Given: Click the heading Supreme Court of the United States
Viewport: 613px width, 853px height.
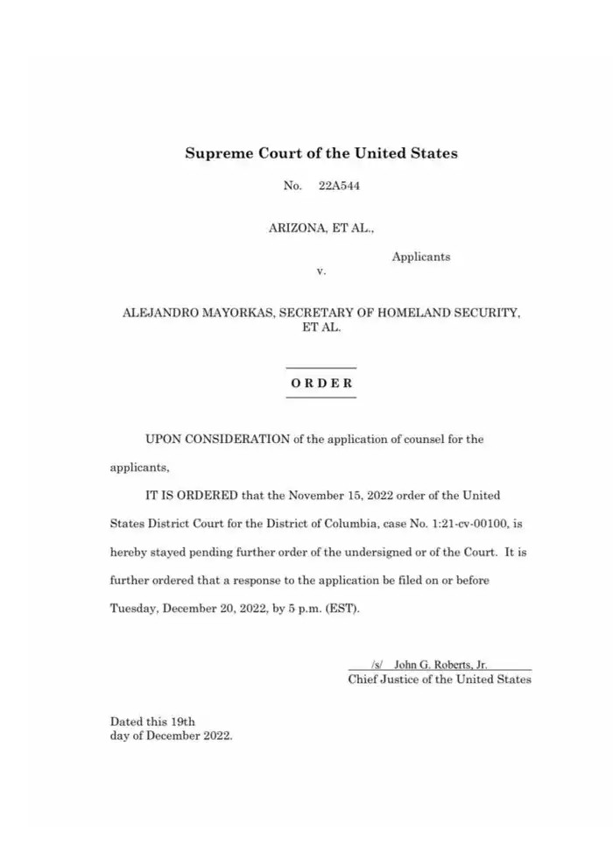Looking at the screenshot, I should (x=321, y=153).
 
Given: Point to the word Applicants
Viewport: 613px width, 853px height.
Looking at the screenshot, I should (x=421, y=257).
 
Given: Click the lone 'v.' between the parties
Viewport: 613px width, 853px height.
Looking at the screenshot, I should (x=321, y=271).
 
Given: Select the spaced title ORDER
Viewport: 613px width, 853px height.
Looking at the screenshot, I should (x=321, y=383).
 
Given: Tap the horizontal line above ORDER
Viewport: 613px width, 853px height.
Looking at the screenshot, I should (x=321, y=368).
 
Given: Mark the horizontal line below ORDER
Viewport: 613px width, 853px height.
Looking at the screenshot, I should (x=321, y=398).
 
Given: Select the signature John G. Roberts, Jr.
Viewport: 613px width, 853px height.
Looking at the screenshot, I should (x=440, y=665).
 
